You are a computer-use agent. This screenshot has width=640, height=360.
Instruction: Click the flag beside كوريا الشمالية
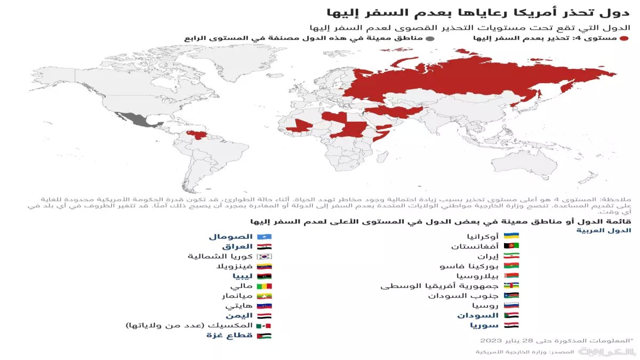tap(265, 257)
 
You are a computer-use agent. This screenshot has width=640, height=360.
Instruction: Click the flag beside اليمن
tap(265, 316)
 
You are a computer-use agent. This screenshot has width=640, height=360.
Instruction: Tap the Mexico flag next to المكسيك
tap(265, 325)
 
